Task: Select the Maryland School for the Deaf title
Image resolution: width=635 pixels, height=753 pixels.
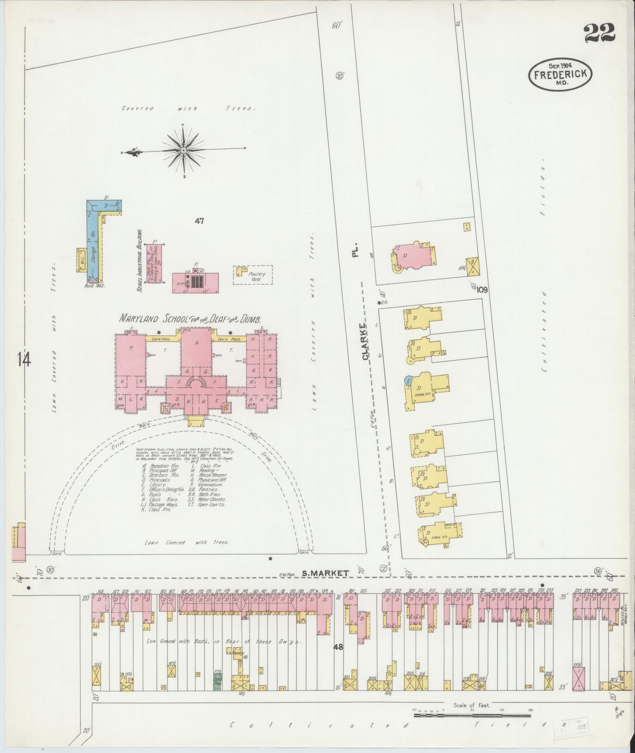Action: (x=190, y=318)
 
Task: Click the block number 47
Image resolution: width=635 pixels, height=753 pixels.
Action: (x=199, y=221)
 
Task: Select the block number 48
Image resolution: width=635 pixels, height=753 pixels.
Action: (x=339, y=646)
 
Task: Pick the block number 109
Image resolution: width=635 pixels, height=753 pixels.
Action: (x=482, y=290)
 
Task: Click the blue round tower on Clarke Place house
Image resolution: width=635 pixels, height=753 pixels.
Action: (x=408, y=381)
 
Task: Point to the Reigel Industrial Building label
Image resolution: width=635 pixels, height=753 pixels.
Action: (x=139, y=261)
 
